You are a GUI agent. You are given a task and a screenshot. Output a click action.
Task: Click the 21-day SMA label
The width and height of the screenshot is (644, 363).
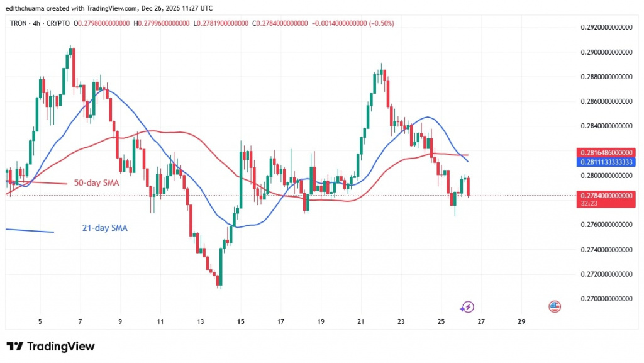pyautogui.click(x=104, y=228)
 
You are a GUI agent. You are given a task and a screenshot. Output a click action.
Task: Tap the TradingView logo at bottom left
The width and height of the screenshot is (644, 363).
pyautogui.click(x=50, y=347)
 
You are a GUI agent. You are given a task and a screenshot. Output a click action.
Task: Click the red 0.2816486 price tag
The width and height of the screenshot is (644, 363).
pyautogui.click(x=604, y=153)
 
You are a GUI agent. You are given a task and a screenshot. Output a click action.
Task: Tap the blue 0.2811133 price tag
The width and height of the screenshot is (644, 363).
pyautogui.click(x=604, y=161)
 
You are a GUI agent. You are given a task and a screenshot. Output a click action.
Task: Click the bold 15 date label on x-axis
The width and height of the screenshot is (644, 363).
pyautogui.click(x=241, y=321)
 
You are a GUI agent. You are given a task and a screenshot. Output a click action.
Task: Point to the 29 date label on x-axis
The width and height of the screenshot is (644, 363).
pyautogui.click(x=521, y=321)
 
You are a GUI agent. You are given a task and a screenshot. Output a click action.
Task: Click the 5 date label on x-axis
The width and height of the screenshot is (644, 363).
pyautogui.click(x=40, y=321)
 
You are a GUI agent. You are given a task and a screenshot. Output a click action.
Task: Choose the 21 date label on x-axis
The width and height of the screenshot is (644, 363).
pyautogui.click(x=361, y=321)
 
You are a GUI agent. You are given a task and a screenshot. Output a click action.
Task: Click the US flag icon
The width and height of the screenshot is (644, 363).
pyautogui.click(x=554, y=306)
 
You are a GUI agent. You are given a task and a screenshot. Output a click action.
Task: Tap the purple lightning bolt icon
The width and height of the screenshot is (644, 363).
pyautogui.click(x=467, y=307)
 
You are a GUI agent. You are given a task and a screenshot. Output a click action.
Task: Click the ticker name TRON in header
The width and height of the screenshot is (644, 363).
pyautogui.click(x=19, y=23)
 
